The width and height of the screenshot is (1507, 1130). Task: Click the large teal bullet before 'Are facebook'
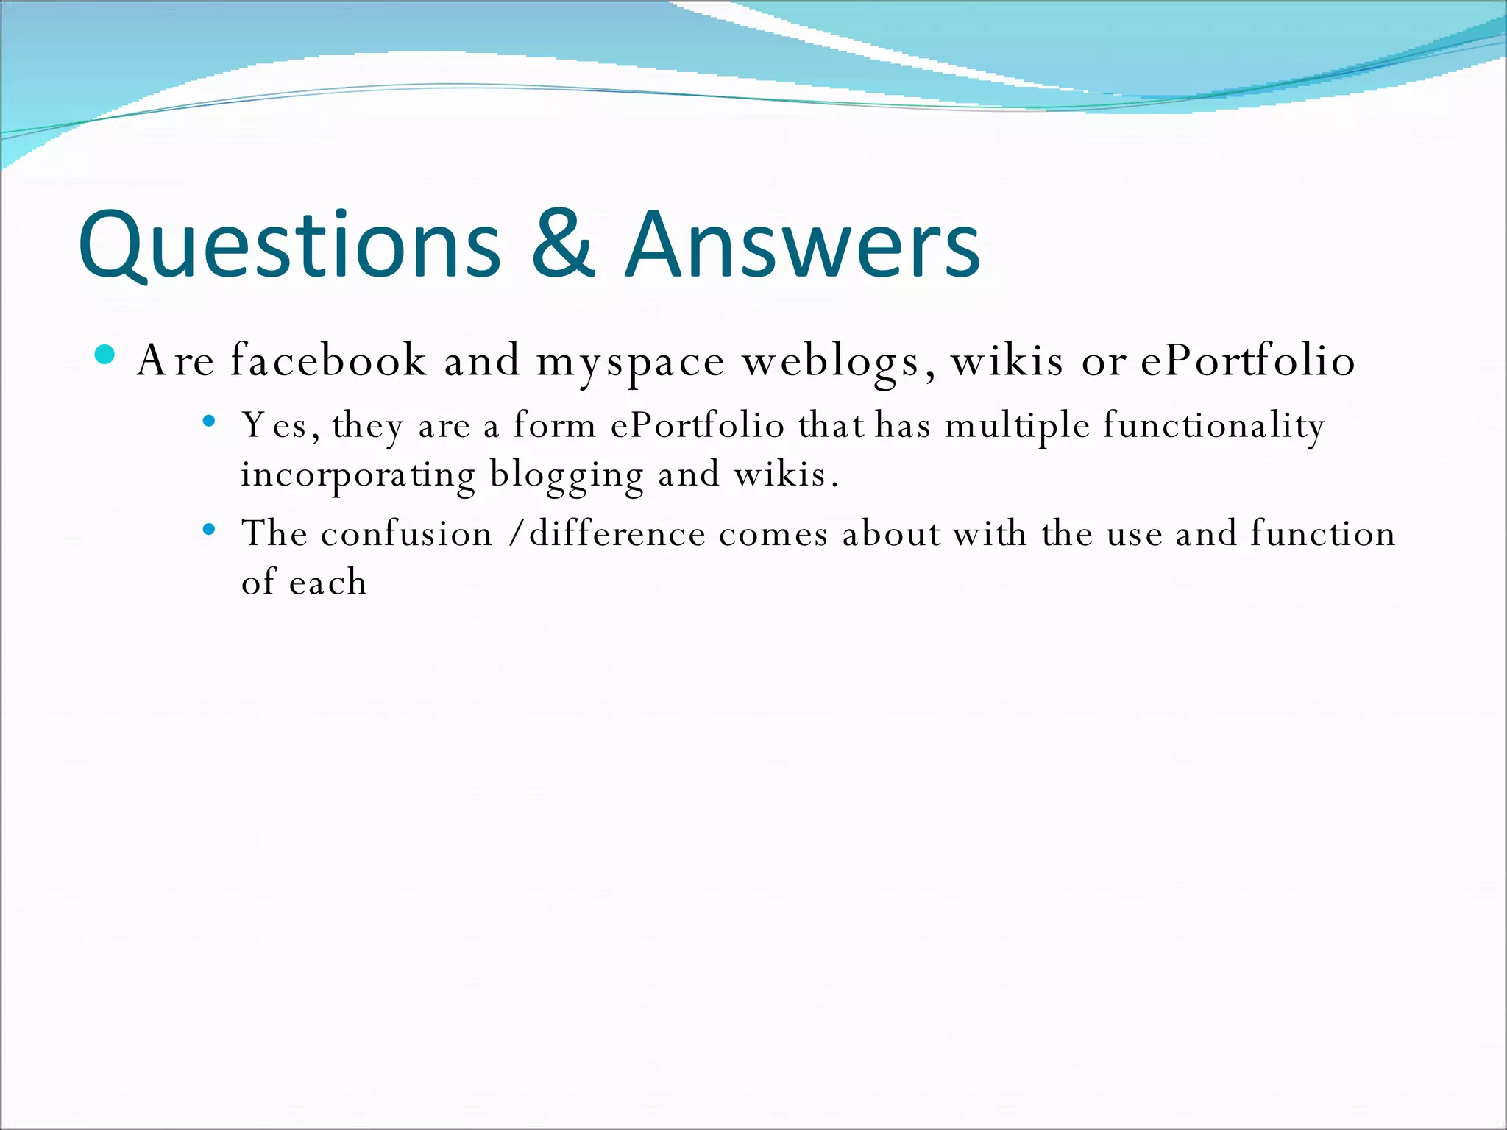point(105,355)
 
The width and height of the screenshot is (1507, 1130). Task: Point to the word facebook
point(328,360)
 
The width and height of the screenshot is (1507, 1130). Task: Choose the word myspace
point(630,363)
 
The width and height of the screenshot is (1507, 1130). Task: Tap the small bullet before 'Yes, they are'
point(209,422)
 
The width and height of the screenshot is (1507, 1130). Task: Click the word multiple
point(1017,426)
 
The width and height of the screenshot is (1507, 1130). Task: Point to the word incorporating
point(358,475)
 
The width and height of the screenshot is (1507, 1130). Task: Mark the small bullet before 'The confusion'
point(209,529)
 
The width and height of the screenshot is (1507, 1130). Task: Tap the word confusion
point(407,533)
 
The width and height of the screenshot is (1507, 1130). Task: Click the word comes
point(773,534)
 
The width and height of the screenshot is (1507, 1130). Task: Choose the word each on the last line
point(327,583)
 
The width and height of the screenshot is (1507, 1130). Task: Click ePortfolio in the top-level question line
point(1248,360)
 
